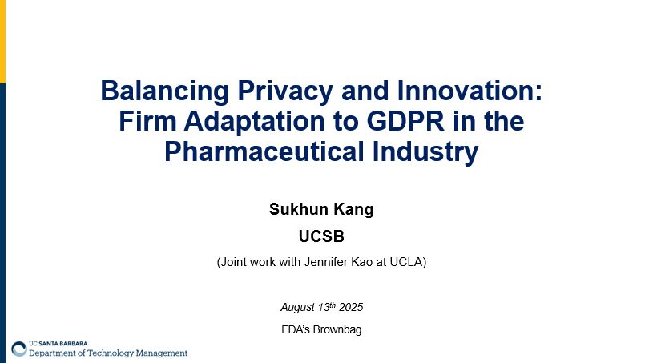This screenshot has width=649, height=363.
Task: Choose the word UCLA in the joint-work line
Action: point(404,262)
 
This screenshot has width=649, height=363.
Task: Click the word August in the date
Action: point(298,307)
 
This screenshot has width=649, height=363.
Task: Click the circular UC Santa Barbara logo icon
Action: point(18,349)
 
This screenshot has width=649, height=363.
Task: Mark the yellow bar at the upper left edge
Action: point(2,40)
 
